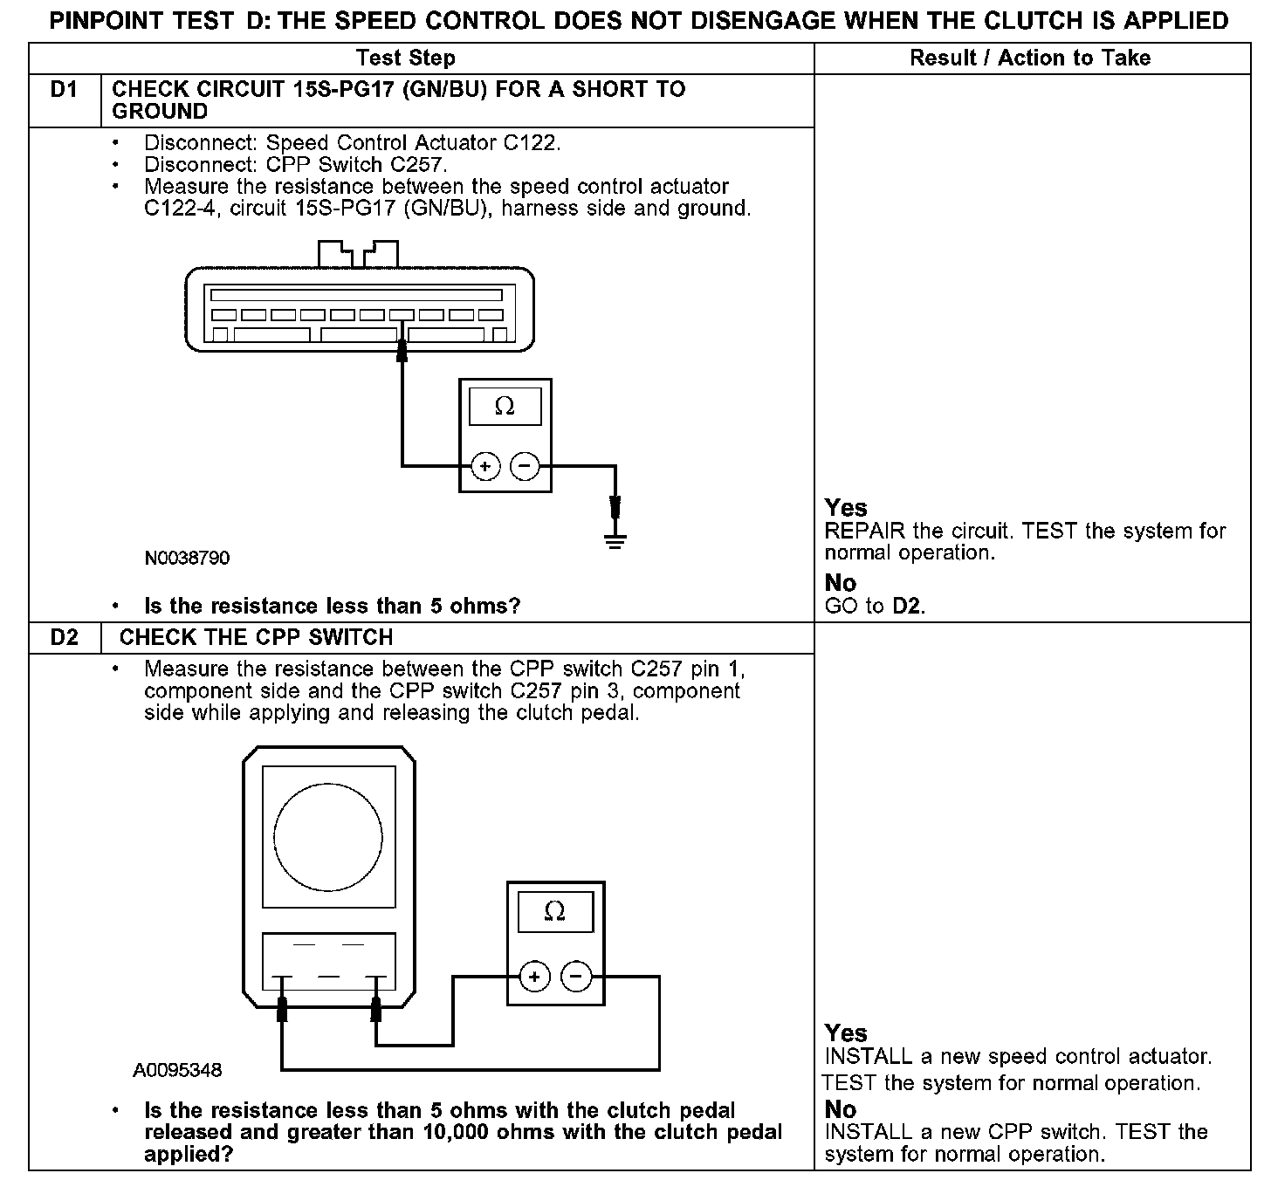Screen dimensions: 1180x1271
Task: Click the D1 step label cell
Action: [x=65, y=90]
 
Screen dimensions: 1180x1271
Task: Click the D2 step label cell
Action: [x=65, y=638]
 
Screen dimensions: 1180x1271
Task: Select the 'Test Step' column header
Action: [x=405, y=58]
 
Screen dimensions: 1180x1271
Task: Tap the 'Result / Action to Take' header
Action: [x=1030, y=58]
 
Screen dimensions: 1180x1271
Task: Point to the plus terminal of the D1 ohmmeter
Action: [x=485, y=467]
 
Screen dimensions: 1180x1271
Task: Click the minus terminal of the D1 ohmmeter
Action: [x=524, y=467]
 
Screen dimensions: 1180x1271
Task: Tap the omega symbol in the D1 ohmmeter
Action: [x=505, y=407]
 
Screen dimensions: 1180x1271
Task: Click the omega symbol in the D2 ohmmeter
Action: [x=554, y=912]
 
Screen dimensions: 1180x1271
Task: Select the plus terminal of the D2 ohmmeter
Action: [x=534, y=977]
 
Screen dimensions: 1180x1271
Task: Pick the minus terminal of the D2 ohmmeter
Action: [x=575, y=977]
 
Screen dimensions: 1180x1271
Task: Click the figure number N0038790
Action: [x=188, y=559]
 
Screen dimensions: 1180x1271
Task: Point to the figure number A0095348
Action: [x=177, y=1070]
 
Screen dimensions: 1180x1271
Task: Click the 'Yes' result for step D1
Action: [x=846, y=508]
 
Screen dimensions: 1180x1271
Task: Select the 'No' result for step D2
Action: [x=841, y=1110]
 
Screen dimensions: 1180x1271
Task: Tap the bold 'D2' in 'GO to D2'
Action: [x=907, y=607]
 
